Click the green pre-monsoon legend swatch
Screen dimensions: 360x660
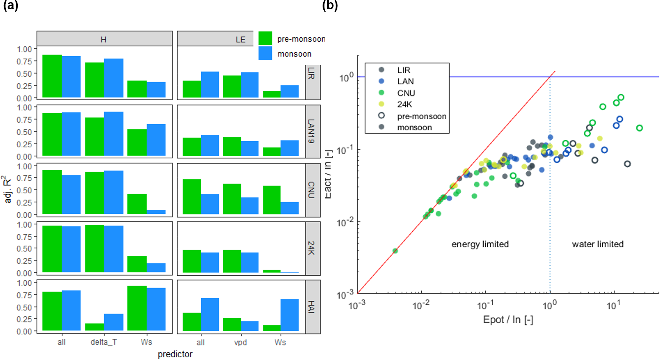pyautogui.click(x=265, y=38)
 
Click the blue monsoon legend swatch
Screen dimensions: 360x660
pyautogui.click(x=265, y=53)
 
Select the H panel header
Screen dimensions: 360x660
pyautogui.click(x=104, y=39)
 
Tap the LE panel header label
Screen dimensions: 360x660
pyautogui.click(x=240, y=39)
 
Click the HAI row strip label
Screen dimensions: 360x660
pyautogui.click(x=312, y=306)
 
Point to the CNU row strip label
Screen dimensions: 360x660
pyautogui.click(x=312, y=190)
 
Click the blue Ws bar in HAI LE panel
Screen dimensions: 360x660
pyautogui.click(x=290, y=315)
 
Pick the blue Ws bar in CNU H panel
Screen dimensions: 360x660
pyautogui.click(x=156, y=212)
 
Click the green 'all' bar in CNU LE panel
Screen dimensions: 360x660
pyautogui.click(x=192, y=197)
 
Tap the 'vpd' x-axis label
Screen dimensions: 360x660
pyautogui.click(x=240, y=343)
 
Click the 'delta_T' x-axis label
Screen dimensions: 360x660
pyautogui.click(x=104, y=342)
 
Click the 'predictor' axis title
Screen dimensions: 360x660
pyautogui.click(x=175, y=354)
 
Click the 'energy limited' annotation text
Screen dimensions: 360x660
pyautogui.click(x=480, y=244)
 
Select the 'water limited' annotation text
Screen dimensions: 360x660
pyautogui.click(x=598, y=244)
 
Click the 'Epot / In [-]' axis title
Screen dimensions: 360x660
pyautogui.click(x=508, y=320)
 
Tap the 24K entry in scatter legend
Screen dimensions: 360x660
pyautogui.click(x=405, y=104)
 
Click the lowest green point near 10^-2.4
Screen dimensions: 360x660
pyautogui.click(x=395, y=251)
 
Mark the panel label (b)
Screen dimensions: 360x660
pyautogui.click(x=330, y=6)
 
